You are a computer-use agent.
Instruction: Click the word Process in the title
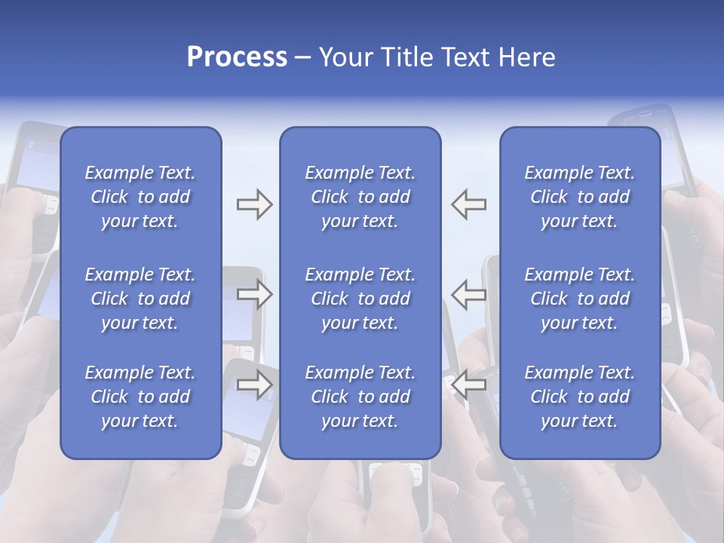[237, 57]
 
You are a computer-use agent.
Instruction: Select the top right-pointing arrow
[254, 204]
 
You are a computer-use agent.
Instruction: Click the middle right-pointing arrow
[254, 294]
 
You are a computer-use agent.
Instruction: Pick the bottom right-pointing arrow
[254, 384]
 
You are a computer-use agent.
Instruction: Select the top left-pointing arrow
[468, 204]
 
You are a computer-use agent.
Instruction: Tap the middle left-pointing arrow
[468, 294]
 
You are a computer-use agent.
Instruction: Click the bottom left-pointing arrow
[468, 384]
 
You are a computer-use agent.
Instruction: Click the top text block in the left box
[140, 197]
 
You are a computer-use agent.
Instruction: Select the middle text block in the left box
[140, 299]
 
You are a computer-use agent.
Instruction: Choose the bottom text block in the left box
[140, 397]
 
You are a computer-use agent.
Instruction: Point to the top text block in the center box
[360, 197]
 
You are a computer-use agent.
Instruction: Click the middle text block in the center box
[360, 299]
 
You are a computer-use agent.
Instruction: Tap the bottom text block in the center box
[360, 397]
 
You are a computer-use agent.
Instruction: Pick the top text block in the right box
[580, 197]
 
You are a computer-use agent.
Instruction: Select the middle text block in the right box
[580, 299]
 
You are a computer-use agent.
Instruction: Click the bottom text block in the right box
[580, 397]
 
